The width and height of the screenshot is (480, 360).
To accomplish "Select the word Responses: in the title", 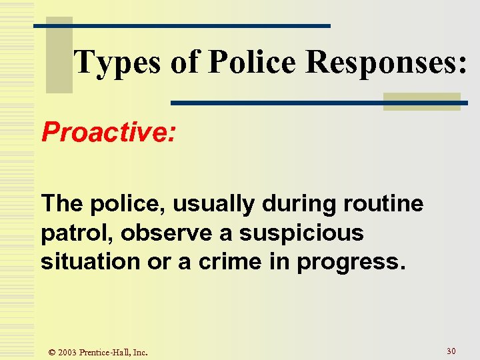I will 387,63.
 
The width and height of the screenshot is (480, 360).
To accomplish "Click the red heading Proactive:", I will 109,132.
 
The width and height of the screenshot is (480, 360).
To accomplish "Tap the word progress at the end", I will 351,261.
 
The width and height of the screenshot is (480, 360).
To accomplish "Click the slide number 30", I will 451,351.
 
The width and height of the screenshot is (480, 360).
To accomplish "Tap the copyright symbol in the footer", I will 51,352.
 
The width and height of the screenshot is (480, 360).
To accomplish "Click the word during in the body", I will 293,203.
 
